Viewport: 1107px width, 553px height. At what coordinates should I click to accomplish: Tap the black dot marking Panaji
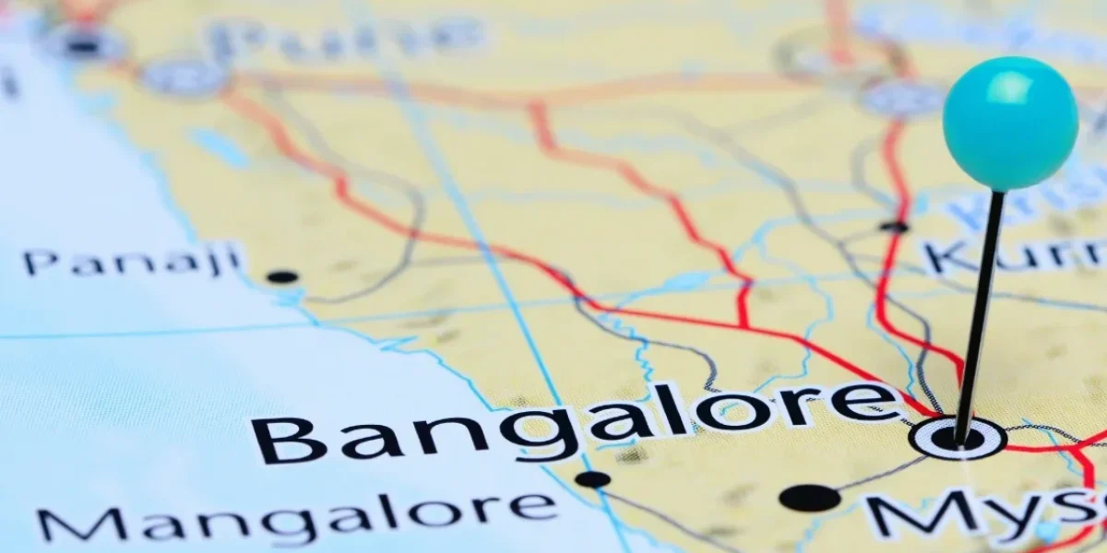point(281,276)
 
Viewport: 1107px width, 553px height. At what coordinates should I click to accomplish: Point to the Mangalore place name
point(295,516)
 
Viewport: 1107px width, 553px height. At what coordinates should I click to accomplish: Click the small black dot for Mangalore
point(592,479)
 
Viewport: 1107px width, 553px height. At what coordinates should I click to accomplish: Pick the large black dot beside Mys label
point(809,498)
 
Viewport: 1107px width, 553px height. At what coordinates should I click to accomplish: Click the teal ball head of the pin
point(1010,123)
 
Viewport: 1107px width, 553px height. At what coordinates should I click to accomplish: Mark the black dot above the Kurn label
point(893,226)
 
